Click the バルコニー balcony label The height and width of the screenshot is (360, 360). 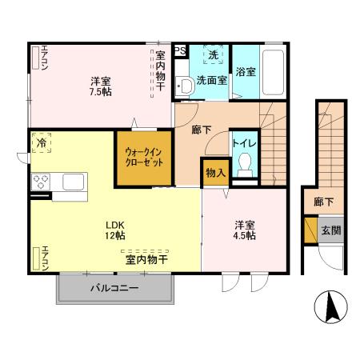coord(114,288)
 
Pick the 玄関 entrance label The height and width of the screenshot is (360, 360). coord(331,230)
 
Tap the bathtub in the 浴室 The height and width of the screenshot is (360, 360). coord(273,72)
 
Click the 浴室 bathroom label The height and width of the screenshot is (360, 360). coord(246,72)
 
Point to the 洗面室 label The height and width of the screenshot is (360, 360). coord(211,80)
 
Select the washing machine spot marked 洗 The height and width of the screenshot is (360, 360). coord(213,55)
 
